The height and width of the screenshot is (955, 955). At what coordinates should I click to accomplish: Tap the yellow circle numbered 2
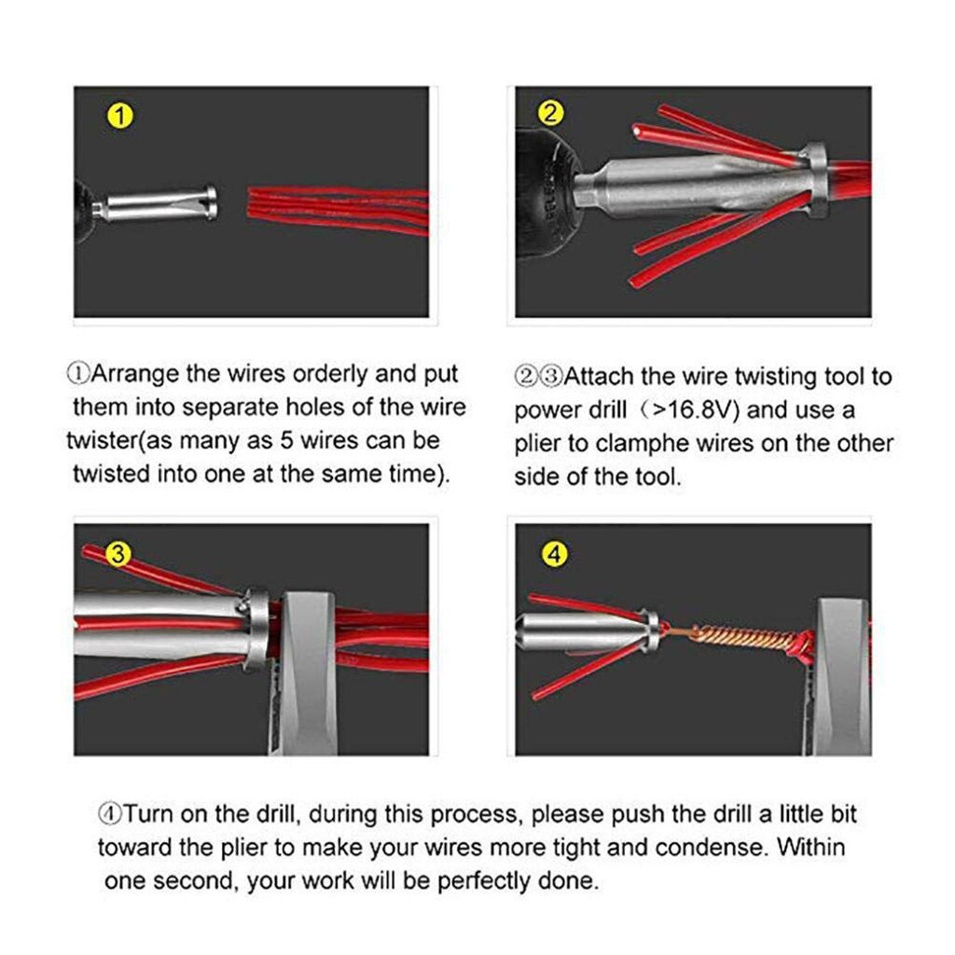click(551, 114)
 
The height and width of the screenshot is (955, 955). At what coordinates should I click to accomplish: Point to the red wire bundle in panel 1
click(336, 210)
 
